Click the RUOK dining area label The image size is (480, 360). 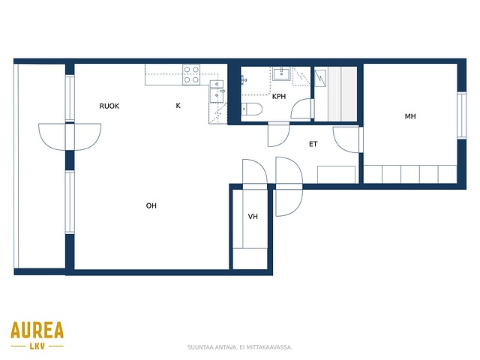[x=109, y=106]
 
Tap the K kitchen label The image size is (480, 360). [x=178, y=106]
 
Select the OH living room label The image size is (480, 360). [x=151, y=205]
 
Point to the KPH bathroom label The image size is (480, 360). [x=279, y=97]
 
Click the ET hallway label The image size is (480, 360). [x=313, y=144]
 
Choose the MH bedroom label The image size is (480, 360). [x=410, y=116]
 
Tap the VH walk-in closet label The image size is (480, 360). [x=253, y=217]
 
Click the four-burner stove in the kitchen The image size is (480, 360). [x=191, y=74]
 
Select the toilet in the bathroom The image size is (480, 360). [x=252, y=109]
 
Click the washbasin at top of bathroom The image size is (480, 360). [x=281, y=73]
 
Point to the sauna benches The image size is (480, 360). [x=342, y=94]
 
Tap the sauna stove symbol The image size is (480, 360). [x=320, y=78]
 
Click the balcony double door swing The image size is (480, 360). [x=70, y=136]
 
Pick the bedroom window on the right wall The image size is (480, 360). [x=462, y=115]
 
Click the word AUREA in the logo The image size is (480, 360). [x=37, y=330]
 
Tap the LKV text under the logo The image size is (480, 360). [x=37, y=346]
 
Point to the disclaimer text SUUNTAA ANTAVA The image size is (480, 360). [x=211, y=347]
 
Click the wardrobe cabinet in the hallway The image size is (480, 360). [x=336, y=175]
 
